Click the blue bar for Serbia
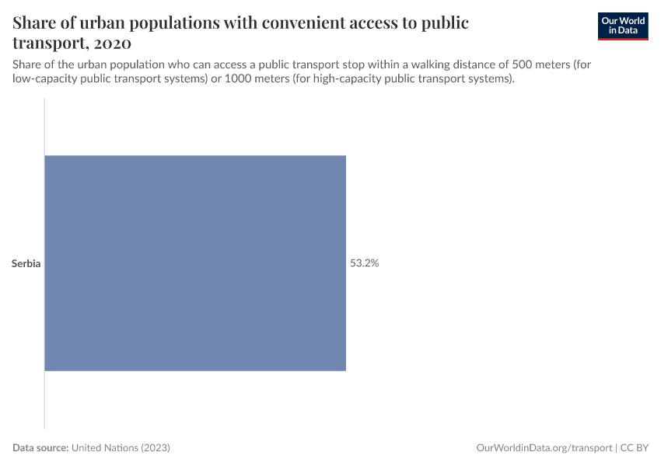click(x=194, y=263)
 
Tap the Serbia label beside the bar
click(x=26, y=263)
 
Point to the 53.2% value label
click(x=364, y=263)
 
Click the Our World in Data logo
click(x=623, y=26)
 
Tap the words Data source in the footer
click(x=40, y=448)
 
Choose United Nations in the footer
click(x=104, y=448)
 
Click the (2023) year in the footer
click(x=155, y=448)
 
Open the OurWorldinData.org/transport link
click(x=544, y=448)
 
